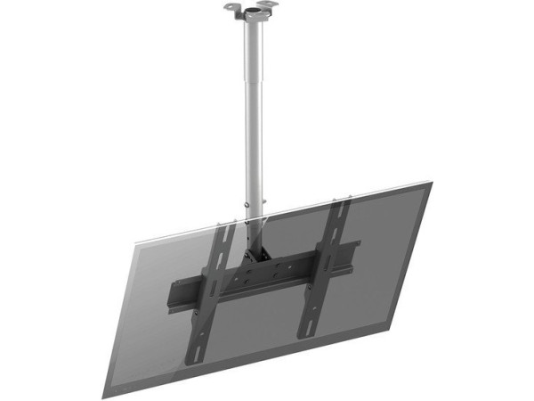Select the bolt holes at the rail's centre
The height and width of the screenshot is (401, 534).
[263, 276]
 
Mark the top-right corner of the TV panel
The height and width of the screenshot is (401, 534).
[433, 184]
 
